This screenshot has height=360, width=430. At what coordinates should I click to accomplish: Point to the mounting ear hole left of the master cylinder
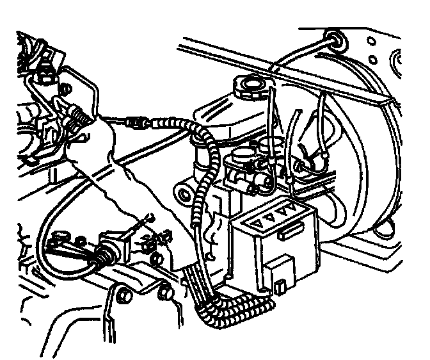pyautogui.click(x=184, y=194)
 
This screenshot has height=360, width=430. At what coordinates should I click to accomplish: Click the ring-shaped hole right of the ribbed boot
pyautogui.click(x=81, y=241)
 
